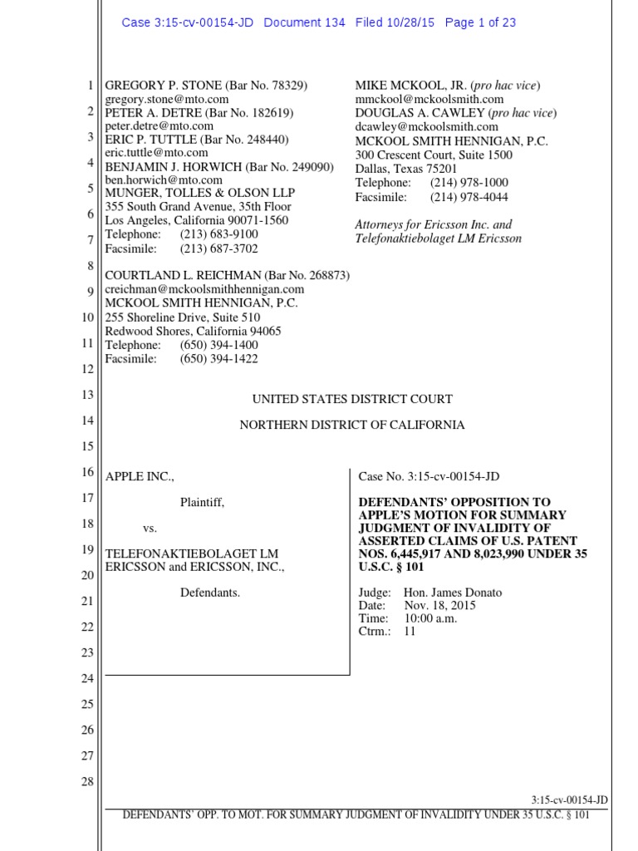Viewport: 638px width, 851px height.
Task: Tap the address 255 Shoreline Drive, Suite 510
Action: tap(183, 317)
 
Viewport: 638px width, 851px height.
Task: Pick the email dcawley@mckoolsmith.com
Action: tap(427, 126)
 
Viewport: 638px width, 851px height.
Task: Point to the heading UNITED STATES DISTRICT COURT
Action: tap(352, 399)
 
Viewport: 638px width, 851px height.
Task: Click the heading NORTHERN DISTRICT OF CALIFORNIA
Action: tap(352, 425)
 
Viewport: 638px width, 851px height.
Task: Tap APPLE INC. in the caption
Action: tap(140, 476)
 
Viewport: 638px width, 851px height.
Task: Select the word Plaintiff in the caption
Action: tap(203, 502)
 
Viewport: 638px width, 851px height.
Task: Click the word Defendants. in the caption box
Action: tap(210, 593)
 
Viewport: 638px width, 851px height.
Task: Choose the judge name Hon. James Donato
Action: tap(453, 593)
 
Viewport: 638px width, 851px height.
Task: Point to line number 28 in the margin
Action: tap(87, 782)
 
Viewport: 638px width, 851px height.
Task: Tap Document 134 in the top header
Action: tap(304, 22)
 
